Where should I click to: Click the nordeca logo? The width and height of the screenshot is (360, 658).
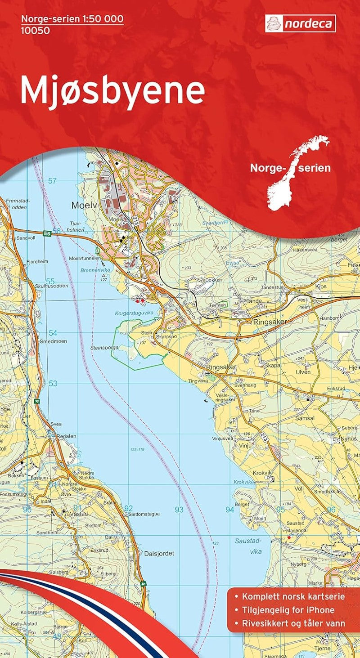point(300,23)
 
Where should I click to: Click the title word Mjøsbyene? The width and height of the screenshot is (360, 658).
point(112,92)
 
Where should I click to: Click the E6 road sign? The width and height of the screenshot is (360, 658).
point(46,233)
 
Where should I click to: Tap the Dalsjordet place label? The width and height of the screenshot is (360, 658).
point(159,553)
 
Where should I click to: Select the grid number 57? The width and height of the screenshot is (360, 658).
point(53,181)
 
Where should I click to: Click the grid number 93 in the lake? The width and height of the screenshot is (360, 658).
point(179,510)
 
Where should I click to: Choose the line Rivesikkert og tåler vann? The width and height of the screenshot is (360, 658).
point(293,623)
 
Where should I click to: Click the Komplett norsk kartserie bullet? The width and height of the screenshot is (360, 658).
point(293,597)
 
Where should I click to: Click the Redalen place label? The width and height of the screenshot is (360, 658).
point(66,436)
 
